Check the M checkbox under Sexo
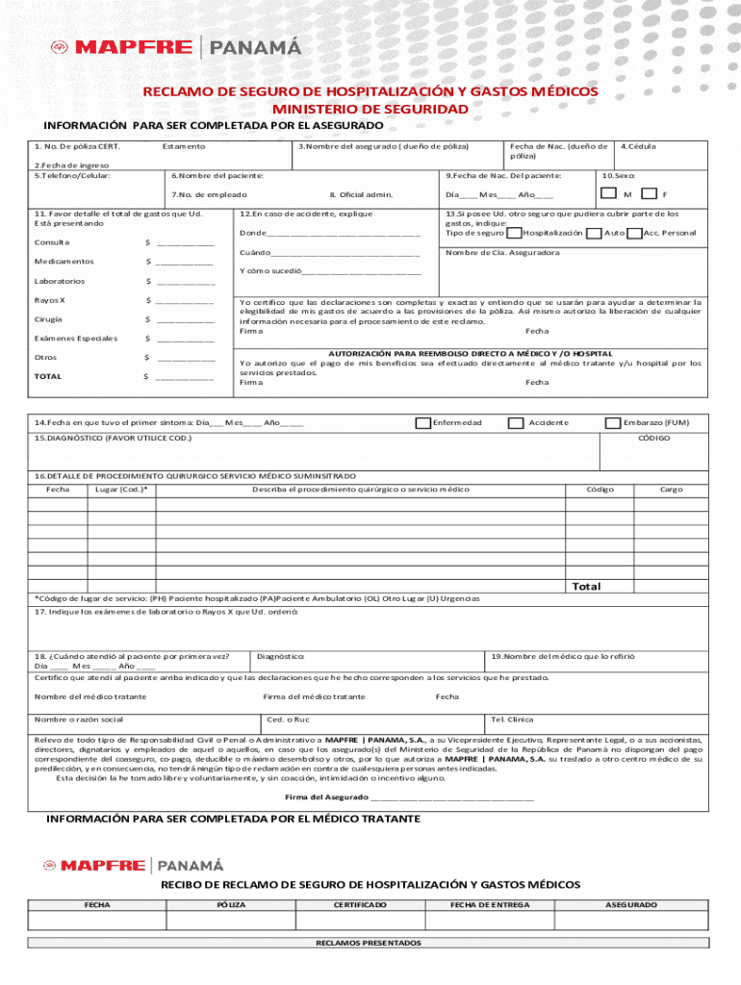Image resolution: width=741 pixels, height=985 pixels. (x=608, y=193)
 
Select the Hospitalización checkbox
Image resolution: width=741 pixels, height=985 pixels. (x=515, y=233)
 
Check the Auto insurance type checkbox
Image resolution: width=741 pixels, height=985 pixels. (x=595, y=233)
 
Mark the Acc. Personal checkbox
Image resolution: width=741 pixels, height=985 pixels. (x=634, y=233)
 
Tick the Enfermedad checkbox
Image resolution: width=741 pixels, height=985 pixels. (x=422, y=422)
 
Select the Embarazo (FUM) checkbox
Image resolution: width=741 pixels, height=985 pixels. (x=612, y=422)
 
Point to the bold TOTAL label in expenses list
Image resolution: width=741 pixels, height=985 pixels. (x=48, y=376)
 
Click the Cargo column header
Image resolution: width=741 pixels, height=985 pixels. (x=671, y=490)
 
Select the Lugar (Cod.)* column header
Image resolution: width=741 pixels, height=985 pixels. (x=121, y=490)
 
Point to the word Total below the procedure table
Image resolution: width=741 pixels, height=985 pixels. (x=586, y=586)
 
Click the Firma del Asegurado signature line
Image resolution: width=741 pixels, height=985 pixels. (x=451, y=797)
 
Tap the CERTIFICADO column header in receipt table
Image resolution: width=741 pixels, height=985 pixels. (x=360, y=905)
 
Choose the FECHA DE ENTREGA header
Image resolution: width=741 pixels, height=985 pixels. (x=490, y=905)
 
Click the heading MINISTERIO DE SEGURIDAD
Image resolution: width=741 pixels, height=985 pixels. (x=370, y=109)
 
